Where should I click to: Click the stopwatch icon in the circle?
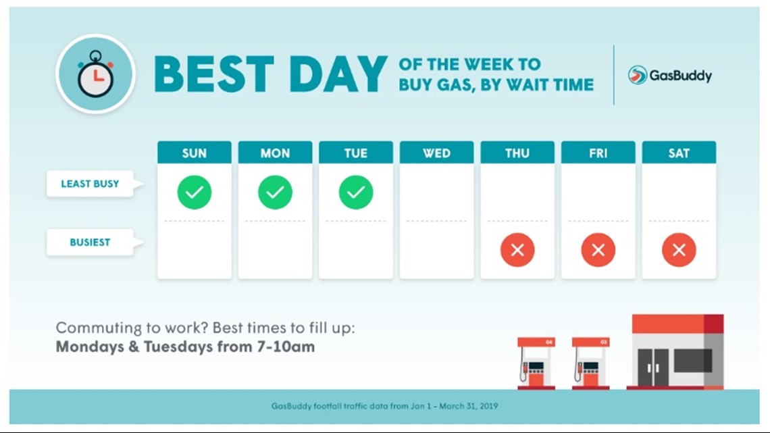pos(95,74)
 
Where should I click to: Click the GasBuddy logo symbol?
pos(637,75)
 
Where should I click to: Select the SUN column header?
pos(194,153)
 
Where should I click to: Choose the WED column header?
pos(436,153)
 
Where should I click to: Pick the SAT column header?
pos(679,153)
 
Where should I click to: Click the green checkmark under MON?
pos(275,193)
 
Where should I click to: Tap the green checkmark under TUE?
pos(356,193)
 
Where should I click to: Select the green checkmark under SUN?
pos(195,193)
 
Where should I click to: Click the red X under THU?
pos(517,251)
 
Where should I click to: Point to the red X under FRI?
pos(598,251)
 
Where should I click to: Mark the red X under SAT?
pos(679,251)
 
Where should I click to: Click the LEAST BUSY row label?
pos(90,184)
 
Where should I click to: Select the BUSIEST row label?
pos(90,242)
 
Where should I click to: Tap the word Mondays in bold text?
pos(91,347)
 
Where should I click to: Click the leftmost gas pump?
pos(536,363)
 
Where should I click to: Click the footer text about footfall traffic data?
pos(385,406)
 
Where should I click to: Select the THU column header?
pos(517,153)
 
